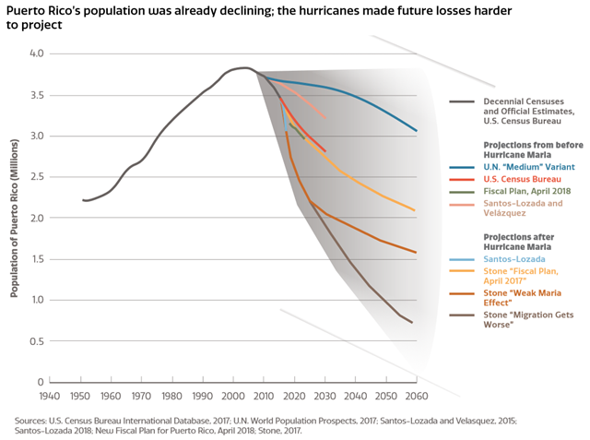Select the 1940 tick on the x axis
coord(50,396)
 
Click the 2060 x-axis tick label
coord(417,396)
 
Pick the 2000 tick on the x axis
coord(233,396)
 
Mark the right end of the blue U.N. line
coord(417,131)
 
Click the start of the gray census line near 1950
coord(82,200)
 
